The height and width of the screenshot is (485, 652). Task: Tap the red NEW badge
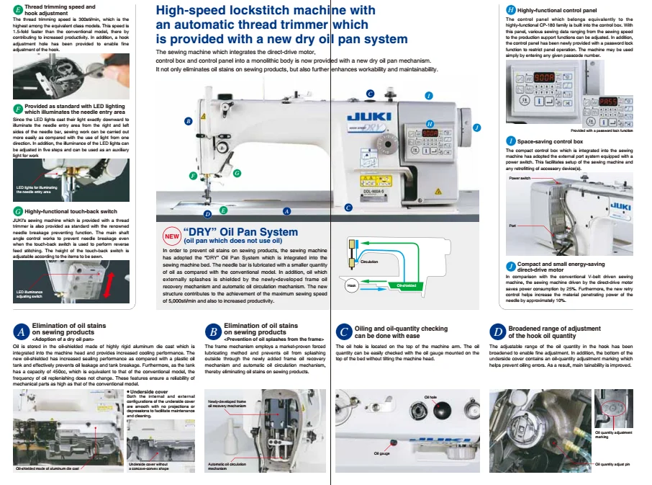(172, 236)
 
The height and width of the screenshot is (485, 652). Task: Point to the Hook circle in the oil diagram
(351, 285)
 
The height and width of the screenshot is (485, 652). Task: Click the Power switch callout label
(519, 177)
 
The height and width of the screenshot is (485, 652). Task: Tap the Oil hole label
(430, 397)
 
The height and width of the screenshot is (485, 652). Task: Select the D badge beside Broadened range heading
(497, 332)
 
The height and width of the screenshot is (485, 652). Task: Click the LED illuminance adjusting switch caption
(28, 293)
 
